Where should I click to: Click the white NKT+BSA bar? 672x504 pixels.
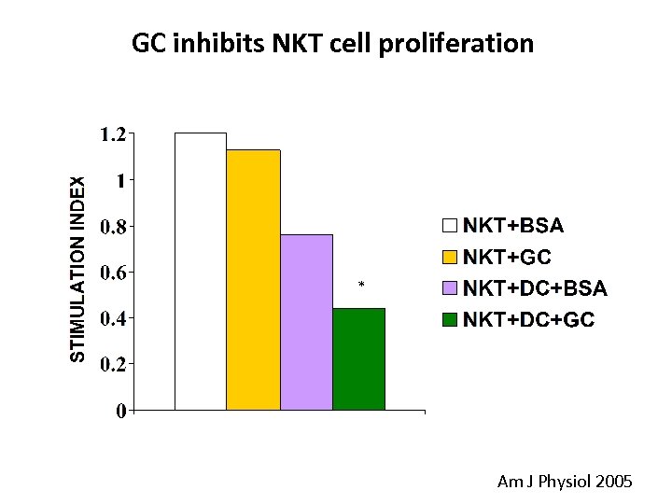(201, 271)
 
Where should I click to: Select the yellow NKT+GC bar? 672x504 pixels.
(254, 279)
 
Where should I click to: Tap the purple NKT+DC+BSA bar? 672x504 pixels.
(306, 322)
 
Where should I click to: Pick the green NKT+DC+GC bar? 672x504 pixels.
(359, 358)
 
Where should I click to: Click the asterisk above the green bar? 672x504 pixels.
(360, 284)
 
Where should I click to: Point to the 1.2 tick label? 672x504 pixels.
(113, 134)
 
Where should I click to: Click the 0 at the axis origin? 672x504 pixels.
(121, 412)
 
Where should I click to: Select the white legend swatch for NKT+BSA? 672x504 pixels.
(451, 226)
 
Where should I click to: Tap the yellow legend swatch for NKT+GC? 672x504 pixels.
(451, 257)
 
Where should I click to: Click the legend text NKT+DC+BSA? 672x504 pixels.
(536, 287)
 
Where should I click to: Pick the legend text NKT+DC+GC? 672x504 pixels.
(529, 319)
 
